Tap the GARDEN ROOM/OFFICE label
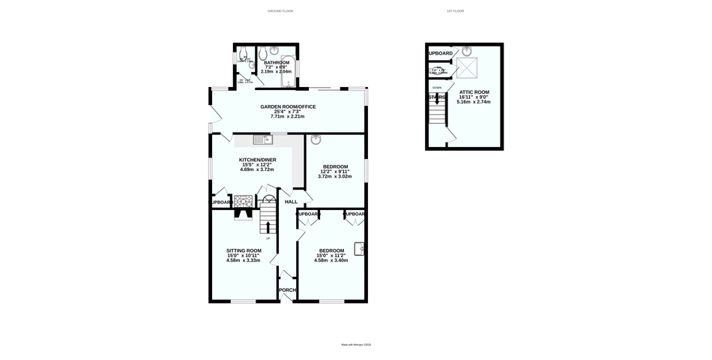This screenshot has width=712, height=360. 288,107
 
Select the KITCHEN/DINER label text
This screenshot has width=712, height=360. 257,160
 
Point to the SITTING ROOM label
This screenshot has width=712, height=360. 244,250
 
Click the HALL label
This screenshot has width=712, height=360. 291,202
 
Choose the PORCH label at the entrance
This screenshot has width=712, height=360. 287,290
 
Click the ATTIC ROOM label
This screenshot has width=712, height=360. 474,91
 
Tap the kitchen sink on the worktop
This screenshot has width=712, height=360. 260,139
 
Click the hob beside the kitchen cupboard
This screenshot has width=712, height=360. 244,201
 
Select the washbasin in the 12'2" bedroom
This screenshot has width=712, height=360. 316,139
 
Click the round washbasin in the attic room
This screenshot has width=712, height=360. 468,52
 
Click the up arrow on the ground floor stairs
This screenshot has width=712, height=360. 268,226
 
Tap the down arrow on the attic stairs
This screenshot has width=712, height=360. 437,98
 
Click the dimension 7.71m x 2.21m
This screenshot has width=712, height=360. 288,117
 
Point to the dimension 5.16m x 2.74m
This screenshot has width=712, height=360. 474,101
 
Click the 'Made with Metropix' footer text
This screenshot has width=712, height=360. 356,345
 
